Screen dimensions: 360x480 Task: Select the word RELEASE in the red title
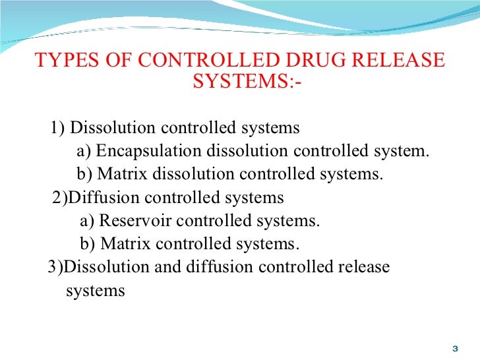(398, 61)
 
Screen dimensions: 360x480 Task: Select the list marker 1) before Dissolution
(57, 127)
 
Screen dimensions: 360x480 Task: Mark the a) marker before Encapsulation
(84, 151)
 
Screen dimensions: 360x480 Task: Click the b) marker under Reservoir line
(88, 244)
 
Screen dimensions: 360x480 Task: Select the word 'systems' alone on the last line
(95, 291)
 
